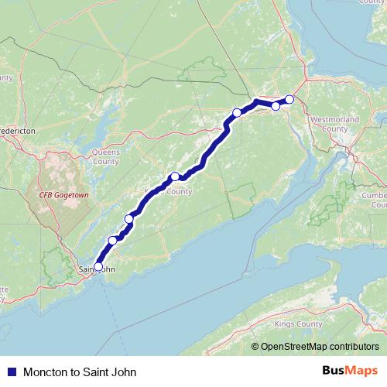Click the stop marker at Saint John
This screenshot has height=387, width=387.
(x=98, y=266)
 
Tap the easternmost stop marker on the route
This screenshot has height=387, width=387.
(x=289, y=99)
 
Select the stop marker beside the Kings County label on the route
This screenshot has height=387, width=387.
(x=175, y=176)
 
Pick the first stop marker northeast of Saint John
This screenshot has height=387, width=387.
(x=113, y=241)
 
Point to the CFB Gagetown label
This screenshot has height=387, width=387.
(x=64, y=196)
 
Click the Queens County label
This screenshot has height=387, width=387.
(x=105, y=157)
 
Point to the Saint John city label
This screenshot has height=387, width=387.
(x=98, y=269)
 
